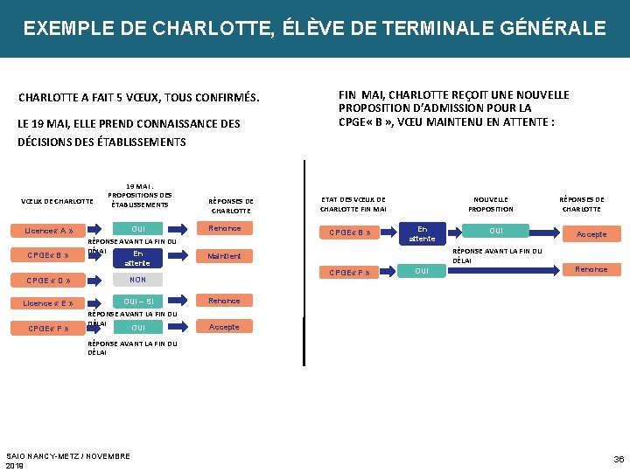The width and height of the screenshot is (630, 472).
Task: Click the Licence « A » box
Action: [x=49, y=232]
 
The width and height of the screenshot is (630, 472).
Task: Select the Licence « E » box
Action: [x=49, y=303]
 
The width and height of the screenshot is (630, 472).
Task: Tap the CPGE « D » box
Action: [x=49, y=281]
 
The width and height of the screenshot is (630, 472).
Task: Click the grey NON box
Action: [x=137, y=280]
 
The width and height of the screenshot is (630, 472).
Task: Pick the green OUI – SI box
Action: [x=137, y=302]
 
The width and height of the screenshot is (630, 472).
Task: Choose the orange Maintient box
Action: [x=224, y=256]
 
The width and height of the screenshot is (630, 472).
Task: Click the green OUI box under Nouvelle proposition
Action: [x=496, y=231]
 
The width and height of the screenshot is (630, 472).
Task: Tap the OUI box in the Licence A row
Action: [x=137, y=229]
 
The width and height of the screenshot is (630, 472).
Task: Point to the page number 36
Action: [x=619, y=459]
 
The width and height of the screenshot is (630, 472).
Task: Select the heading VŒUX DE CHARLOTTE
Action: [x=57, y=202]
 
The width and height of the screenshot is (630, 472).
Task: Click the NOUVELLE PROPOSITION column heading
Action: [x=491, y=204]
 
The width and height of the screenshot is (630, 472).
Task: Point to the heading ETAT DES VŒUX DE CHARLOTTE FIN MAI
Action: [x=353, y=204]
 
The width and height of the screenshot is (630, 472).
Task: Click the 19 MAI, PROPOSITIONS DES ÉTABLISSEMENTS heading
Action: [x=139, y=194]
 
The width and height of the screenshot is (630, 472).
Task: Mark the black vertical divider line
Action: [x=304, y=262]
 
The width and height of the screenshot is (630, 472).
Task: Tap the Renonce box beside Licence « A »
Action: [x=224, y=229]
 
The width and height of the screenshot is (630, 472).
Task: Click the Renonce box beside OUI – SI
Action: [x=224, y=301]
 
